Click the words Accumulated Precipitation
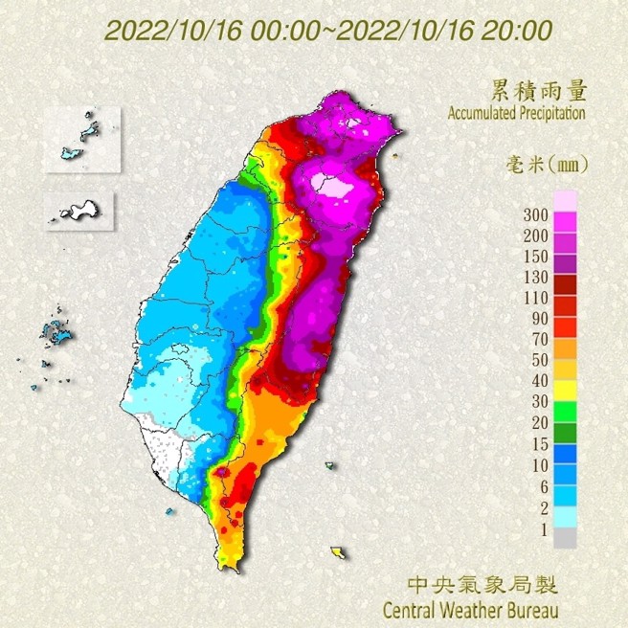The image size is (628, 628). coord(516,113)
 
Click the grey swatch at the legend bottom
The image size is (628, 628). coord(566,538)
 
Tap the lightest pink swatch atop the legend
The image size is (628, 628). coord(566,200)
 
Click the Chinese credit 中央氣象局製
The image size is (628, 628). coord(482,584)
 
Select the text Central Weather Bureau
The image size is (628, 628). coord(469,608)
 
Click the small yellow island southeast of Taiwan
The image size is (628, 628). coord(338,552)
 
